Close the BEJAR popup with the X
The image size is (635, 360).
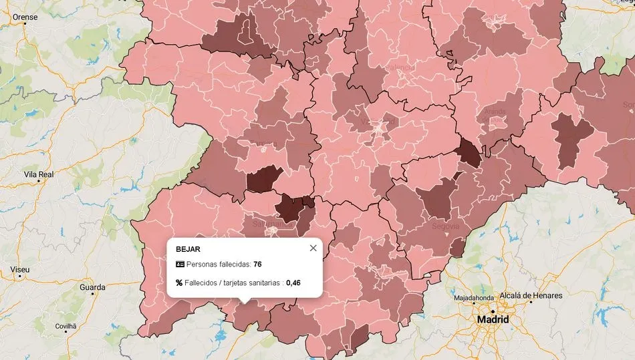(x=313, y=248)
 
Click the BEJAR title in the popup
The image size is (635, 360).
(x=188, y=248)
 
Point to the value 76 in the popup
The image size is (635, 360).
(x=257, y=264)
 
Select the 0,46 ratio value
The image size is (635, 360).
(x=293, y=283)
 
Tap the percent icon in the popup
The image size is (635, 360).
(x=179, y=283)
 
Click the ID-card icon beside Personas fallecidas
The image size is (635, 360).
(x=179, y=264)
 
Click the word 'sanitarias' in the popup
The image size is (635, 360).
(x=263, y=283)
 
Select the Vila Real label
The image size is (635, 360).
(x=38, y=174)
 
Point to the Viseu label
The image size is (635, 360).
(x=20, y=269)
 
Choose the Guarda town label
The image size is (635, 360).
(x=92, y=287)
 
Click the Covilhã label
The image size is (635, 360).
(x=66, y=326)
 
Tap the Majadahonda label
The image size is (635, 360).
(x=474, y=297)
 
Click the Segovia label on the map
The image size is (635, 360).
(x=445, y=226)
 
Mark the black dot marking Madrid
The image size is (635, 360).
(x=492, y=311)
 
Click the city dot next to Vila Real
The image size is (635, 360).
(x=38, y=181)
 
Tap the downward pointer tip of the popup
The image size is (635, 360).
(x=244, y=303)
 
